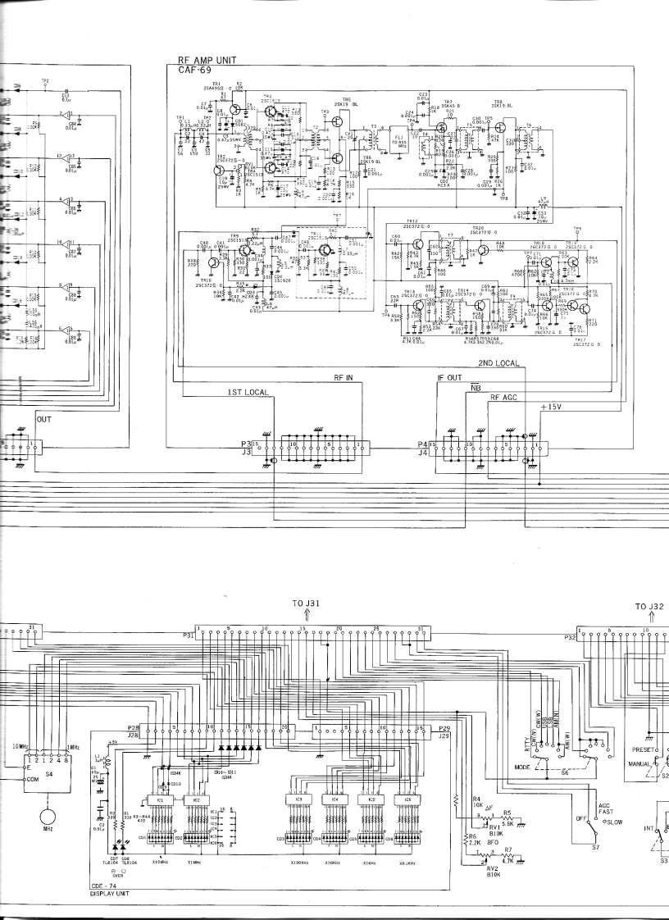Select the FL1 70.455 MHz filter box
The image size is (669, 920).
pyautogui.click(x=399, y=141)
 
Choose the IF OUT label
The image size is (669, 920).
pyautogui.click(x=450, y=378)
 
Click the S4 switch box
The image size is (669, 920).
pyautogui.click(x=47, y=748)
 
